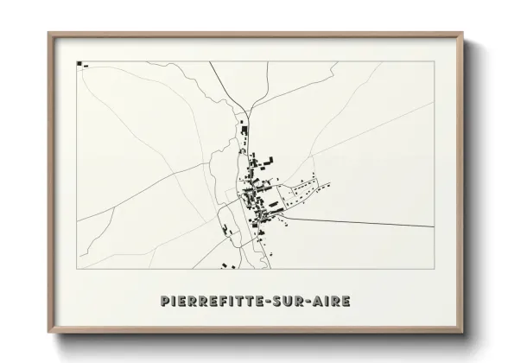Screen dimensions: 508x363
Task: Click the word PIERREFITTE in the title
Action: click(x=213, y=302)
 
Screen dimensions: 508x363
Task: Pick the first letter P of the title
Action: click(x=165, y=302)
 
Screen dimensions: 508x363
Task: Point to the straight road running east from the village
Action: click(x=363, y=222)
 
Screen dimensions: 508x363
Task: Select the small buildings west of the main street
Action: click(x=227, y=231)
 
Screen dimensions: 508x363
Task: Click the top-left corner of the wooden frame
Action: click(x=48, y=33)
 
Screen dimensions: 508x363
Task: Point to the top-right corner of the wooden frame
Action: click(x=464, y=33)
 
